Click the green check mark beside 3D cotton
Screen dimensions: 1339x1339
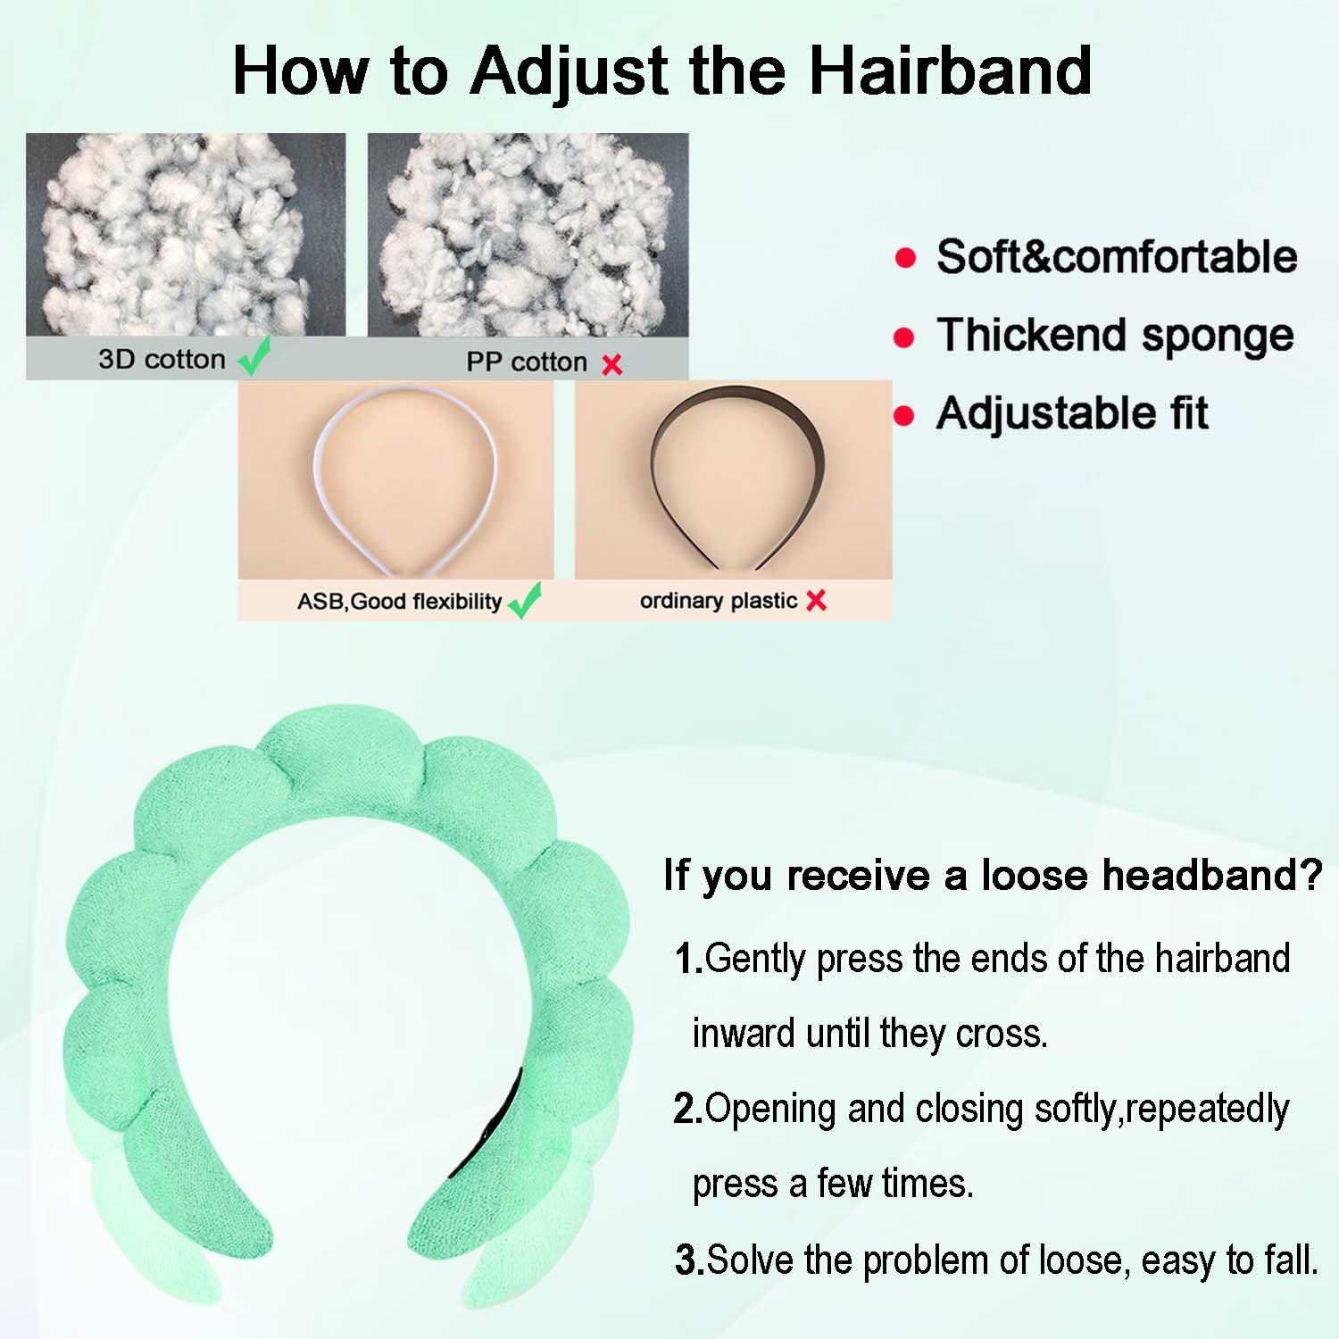coord(254,358)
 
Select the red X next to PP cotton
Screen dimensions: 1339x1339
coord(611,364)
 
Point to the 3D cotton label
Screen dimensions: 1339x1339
coord(162,359)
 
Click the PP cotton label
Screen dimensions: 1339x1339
coord(527,362)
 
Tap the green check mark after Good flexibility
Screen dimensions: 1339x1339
coord(525,601)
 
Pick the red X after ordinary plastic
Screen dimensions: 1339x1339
coord(816,601)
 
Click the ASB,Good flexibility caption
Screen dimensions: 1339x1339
coord(399,602)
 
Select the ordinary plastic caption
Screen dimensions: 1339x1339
coord(719,601)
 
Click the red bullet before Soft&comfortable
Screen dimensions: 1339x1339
coord(905,258)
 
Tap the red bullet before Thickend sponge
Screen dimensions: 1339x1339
coord(904,337)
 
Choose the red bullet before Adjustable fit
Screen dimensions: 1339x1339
coord(904,416)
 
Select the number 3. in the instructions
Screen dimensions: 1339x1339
coord(690,1260)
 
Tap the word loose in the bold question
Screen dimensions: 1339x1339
coord(1035,875)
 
